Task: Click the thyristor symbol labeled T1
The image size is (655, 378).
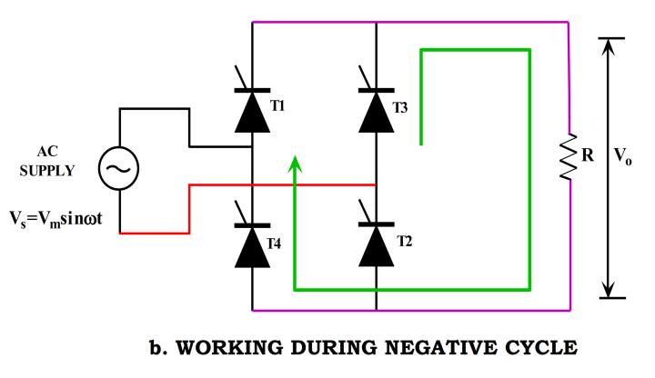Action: point(252,111)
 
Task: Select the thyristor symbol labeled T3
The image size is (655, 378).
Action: point(376,111)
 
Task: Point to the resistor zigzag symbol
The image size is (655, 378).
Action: point(569,156)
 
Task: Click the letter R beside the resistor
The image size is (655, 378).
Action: point(588,156)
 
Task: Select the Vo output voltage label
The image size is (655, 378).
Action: point(623,156)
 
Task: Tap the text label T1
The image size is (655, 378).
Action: point(277,105)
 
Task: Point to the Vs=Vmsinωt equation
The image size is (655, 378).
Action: point(63,218)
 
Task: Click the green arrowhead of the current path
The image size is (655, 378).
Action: point(295,164)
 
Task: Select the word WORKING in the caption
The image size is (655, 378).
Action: point(224,347)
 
